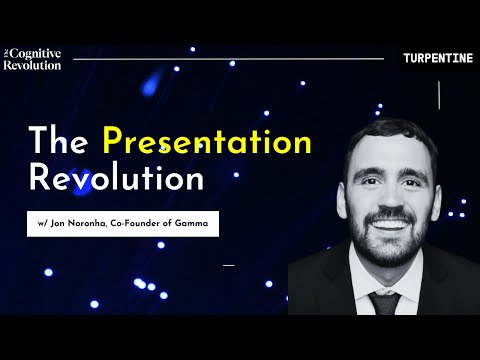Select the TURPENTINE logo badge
[437, 58]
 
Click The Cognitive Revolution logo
[32, 58]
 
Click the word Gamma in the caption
[191, 223]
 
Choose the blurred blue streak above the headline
[155, 81]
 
